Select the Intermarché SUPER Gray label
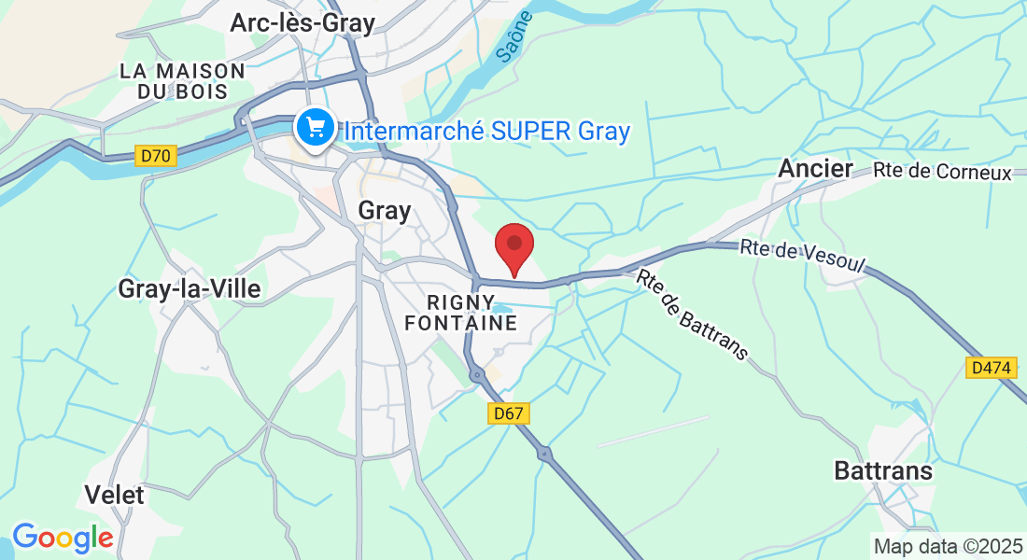point(487,132)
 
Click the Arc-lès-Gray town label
point(302,23)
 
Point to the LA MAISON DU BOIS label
point(182,81)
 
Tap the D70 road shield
point(156,156)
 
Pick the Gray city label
point(385,211)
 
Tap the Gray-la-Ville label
point(190,289)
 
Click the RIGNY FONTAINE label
point(471,313)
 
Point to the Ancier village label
point(816,169)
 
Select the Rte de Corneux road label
point(943,173)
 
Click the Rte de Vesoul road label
point(803,256)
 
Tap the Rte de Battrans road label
point(694,315)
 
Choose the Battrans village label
point(883,470)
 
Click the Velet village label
point(115,495)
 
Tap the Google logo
point(63,538)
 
